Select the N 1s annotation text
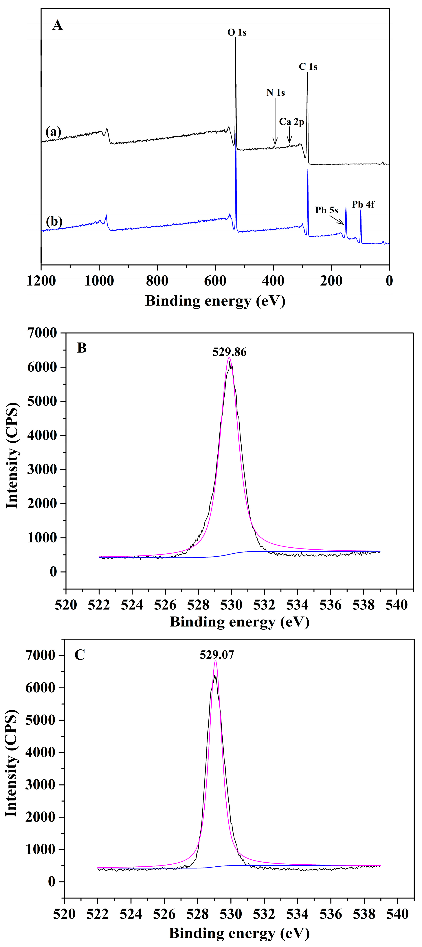click(x=276, y=93)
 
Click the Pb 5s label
click(x=326, y=210)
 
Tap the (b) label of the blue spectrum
click(x=54, y=222)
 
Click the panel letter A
click(x=57, y=25)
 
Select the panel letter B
click(x=82, y=348)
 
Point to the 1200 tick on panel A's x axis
click(x=41, y=281)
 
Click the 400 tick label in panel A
click(x=273, y=281)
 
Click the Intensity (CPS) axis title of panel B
click(x=12, y=456)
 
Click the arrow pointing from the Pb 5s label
click(x=336, y=220)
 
